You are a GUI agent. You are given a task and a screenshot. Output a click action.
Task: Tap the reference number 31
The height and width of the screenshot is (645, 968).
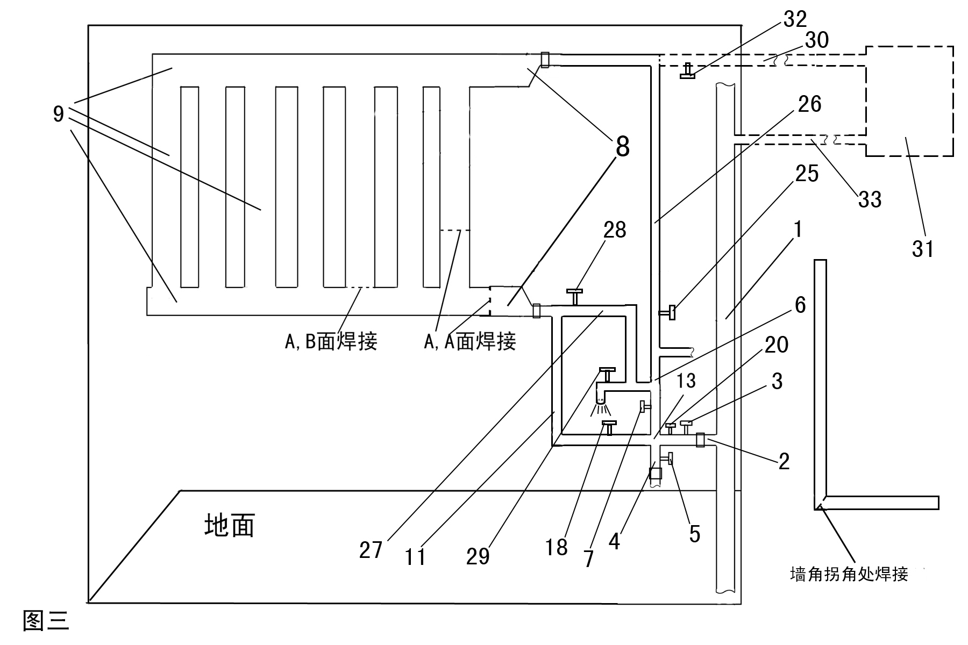click(x=923, y=248)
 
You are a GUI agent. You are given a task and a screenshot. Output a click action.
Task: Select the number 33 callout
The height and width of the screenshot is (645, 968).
click(x=870, y=199)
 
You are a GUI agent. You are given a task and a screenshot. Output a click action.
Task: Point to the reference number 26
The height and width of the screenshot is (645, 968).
click(x=810, y=104)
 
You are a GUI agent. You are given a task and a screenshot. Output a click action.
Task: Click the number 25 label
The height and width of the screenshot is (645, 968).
click(x=807, y=174)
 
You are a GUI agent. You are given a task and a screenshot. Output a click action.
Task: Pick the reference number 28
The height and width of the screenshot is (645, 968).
click(x=615, y=230)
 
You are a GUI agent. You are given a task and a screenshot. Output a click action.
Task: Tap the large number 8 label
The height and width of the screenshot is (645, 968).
click(x=622, y=146)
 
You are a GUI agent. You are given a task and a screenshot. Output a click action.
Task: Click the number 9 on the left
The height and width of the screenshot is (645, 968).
click(x=59, y=114)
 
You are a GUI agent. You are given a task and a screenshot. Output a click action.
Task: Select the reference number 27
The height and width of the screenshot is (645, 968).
click(x=371, y=550)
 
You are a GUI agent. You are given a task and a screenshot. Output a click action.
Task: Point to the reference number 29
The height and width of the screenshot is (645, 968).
click(x=478, y=557)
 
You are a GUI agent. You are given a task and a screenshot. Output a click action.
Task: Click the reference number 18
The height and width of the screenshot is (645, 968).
click(x=557, y=548)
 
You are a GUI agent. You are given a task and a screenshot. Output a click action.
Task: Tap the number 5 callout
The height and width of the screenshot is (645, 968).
click(x=695, y=534)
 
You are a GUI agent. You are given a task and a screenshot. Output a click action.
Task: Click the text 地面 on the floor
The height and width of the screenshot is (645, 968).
click(x=230, y=525)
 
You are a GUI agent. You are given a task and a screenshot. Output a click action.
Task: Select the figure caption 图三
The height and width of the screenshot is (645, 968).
click(x=46, y=621)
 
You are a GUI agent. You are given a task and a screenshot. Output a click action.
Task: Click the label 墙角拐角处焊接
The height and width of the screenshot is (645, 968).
click(x=849, y=574)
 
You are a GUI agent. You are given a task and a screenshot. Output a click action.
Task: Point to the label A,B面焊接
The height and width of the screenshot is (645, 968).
click(x=331, y=341)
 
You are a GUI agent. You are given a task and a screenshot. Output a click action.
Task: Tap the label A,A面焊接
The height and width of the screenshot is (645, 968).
click(x=470, y=341)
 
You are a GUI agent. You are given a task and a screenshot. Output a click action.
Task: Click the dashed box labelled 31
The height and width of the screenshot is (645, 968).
click(x=909, y=101)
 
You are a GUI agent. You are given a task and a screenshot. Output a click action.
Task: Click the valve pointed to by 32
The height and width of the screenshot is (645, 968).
click(x=687, y=71)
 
